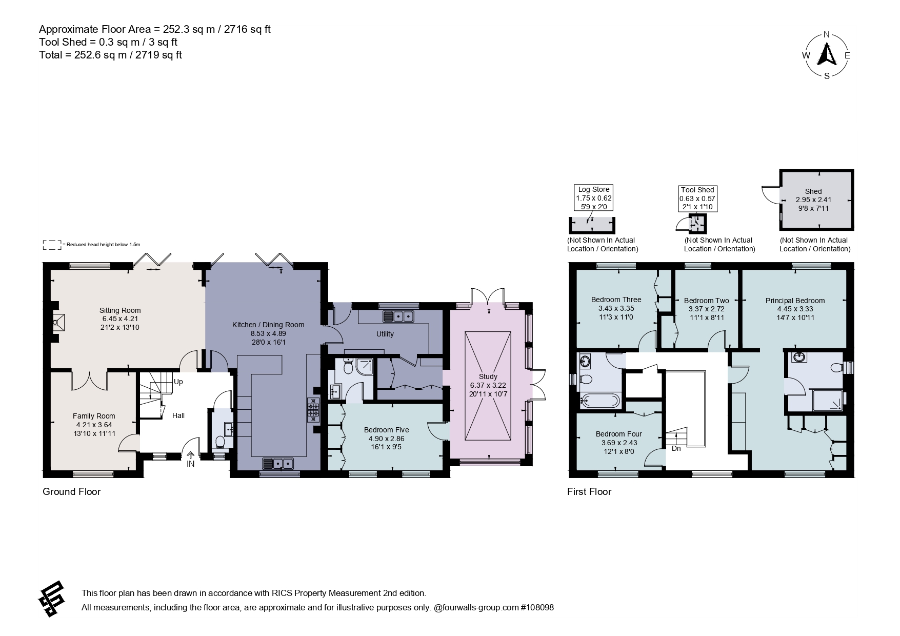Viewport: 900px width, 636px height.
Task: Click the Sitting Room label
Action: click(120, 310)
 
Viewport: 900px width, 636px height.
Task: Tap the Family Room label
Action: click(94, 416)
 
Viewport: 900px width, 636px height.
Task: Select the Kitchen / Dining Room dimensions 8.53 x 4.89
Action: click(268, 333)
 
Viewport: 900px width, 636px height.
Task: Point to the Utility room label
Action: click(385, 334)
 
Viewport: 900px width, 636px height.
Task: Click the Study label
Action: click(488, 376)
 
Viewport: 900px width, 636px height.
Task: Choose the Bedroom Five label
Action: click(387, 430)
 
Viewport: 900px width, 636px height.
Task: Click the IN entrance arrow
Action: click(191, 454)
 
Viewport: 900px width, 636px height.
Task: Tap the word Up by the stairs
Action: click(178, 382)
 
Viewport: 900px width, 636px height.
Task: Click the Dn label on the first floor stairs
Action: click(676, 448)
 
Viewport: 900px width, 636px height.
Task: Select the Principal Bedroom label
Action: click(795, 301)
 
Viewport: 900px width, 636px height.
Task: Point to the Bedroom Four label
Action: click(619, 434)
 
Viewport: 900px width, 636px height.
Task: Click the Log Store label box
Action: click(594, 198)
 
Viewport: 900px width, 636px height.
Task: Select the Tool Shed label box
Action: click(697, 198)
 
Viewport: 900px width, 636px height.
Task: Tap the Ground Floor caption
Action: click(71, 492)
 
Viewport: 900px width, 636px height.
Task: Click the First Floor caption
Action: click(589, 492)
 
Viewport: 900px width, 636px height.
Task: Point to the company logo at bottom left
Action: click(51, 599)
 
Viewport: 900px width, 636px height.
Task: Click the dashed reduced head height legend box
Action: click(52, 245)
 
